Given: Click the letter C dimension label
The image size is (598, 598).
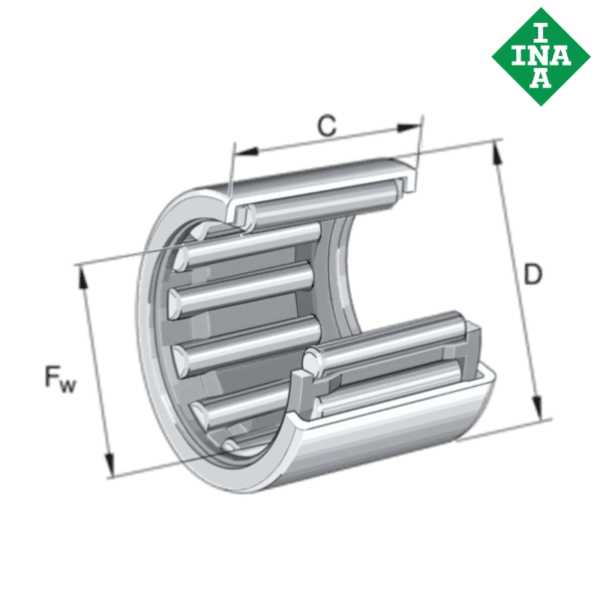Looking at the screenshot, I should click(326, 126).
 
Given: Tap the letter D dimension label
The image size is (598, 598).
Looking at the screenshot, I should click(533, 276).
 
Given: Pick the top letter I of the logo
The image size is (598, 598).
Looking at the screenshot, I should click(539, 30).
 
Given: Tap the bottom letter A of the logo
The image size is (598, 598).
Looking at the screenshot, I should click(539, 78).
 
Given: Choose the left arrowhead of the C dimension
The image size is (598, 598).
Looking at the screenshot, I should click(245, 150).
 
